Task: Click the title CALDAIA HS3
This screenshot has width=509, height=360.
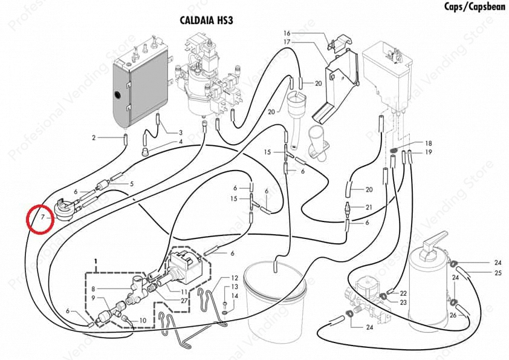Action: coord(206,20)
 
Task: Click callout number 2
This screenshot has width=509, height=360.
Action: coord(94,138)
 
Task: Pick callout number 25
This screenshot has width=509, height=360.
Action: coord(498,273)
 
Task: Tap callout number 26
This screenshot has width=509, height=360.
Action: coord(453,315)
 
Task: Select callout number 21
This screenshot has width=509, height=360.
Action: coord(369,207)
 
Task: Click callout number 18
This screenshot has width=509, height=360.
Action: coord(428,143)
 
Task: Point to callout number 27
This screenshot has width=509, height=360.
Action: coord(184,300)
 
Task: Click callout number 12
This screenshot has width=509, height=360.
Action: coord(235,278)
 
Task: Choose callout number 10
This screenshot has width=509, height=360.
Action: coord(143,320)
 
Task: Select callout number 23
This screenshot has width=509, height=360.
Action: coord(403,301)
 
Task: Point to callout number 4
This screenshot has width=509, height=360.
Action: coord(180,142)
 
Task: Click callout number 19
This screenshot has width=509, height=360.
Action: coord(428,152)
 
